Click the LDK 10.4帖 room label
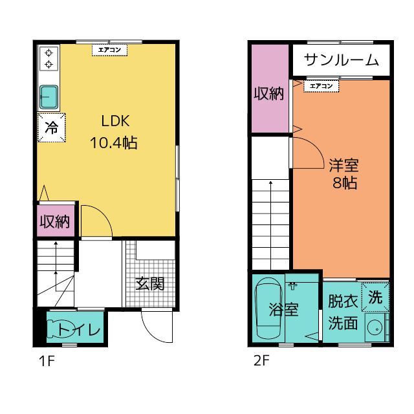pos(114,132)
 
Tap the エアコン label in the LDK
pos(109,49)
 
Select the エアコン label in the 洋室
pos(320,85)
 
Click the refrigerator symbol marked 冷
pos(50,127)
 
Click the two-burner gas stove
pos(49,58)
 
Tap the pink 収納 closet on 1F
pos(56,221)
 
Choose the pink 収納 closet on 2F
pos(268,93)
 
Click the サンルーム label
pos(340,60)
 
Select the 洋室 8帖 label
pos(342,173)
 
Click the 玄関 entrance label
pos(149,283)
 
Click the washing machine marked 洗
pos(375,298)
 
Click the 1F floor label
pos(45,361)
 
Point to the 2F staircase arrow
pos(270,220)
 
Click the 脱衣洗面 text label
pos(342,312)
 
